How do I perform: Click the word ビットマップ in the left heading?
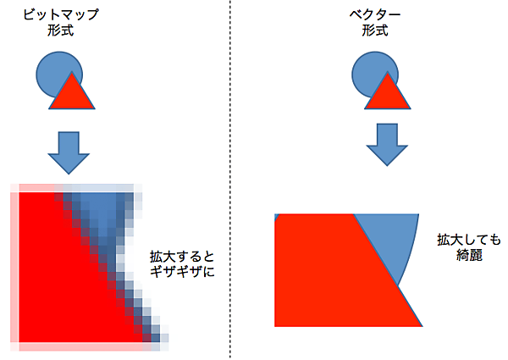point(61,15)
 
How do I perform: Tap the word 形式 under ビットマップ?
point(61,30)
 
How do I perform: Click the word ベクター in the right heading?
point(375,15)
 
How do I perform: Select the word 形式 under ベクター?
point(375,30)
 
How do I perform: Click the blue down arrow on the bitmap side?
point(69,153)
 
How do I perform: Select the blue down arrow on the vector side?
point(387,145)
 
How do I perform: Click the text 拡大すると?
point(182,257)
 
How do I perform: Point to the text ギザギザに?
point(182,272)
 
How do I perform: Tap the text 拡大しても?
point(469,240)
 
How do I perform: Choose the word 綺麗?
point(469,255)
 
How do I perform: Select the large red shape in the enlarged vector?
point(337,272)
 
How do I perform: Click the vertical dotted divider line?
point(230,180)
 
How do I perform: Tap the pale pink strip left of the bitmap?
point(14,268)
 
